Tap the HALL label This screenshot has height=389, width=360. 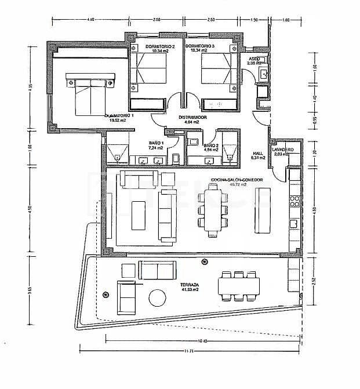(257, 154)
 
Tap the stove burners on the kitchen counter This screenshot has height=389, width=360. (294, 201)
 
